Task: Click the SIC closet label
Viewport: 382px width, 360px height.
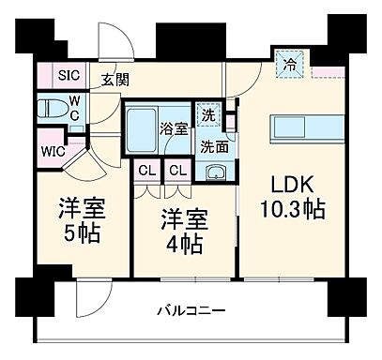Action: pyautogui.click(x=56, y=76)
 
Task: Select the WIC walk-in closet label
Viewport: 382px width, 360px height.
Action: pyautogui.click(x=53, y=148)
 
